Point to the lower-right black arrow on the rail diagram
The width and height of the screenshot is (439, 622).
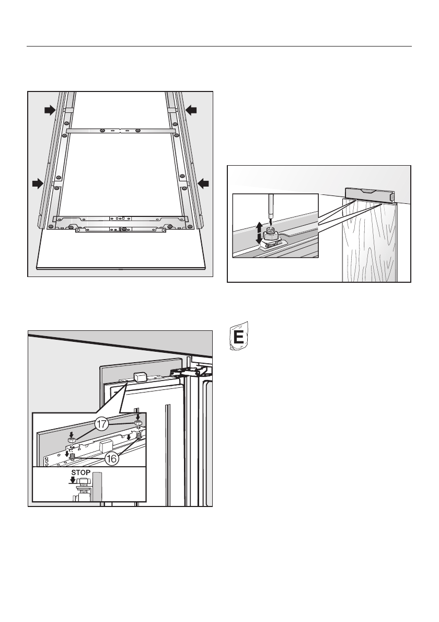coord(203,183)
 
